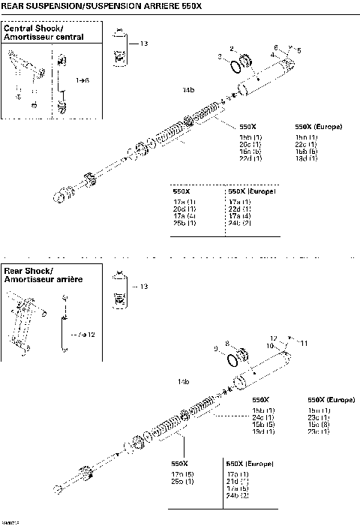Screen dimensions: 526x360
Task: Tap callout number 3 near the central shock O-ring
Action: click(x=220, y=57)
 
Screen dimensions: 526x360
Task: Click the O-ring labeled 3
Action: click(x=235, y=66)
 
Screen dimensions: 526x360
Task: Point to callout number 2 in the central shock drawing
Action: click(x=232, y=48)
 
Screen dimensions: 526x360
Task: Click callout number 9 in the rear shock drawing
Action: click(x=216, y=348)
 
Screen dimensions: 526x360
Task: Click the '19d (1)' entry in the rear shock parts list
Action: click(x=262, y=431)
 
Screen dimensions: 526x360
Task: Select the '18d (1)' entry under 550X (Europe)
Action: click(x=307, y=158)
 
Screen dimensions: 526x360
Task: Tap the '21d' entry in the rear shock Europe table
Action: click(x=238, y=480)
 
